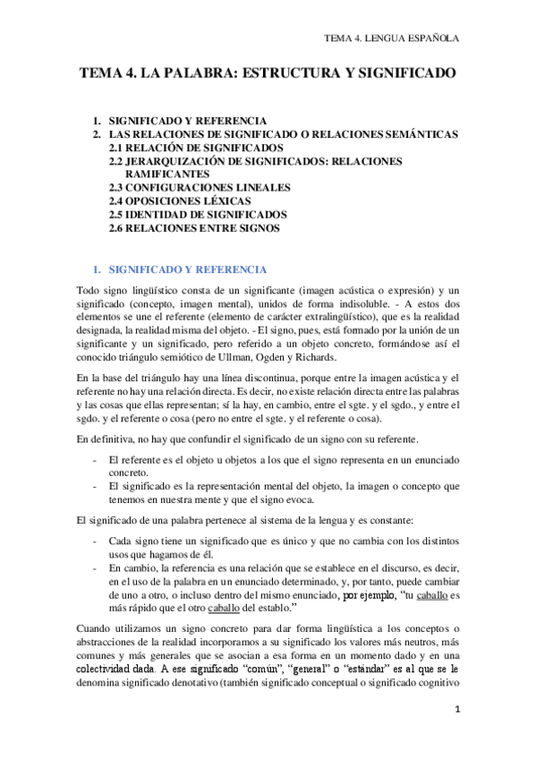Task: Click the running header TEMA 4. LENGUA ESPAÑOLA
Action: tap(391, 38)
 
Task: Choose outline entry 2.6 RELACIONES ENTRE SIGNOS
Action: tap(195, 228)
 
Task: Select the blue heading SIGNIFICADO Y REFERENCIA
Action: tap(186, 269)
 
